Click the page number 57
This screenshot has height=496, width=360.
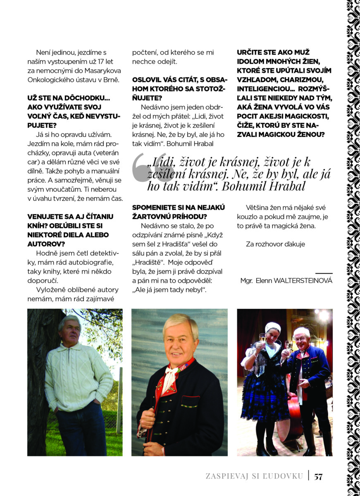click(318, 476)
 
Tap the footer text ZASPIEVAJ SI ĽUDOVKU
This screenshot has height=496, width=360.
click(254, 476)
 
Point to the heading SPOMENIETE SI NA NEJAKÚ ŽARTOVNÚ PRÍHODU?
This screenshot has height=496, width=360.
click(179, 212)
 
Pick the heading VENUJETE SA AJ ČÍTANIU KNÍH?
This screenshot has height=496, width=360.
click(70, 226)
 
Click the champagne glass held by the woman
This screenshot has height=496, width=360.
click(262, 339)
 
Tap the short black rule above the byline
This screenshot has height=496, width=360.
click(324, 273)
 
